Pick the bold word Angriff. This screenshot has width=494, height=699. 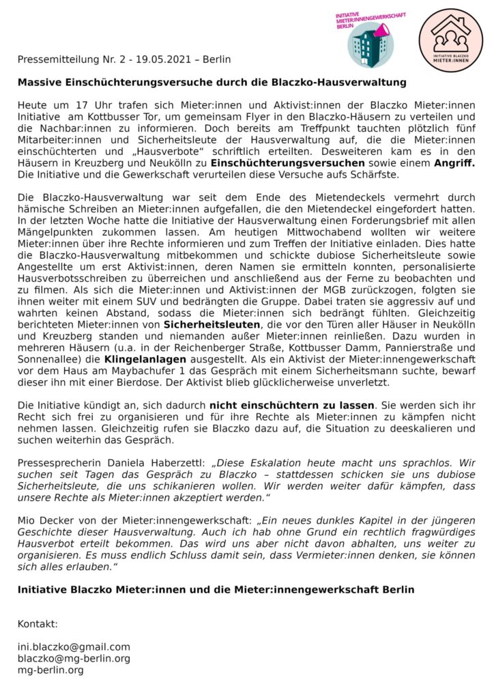pos(453,164)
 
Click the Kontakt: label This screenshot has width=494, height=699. pos(38,624)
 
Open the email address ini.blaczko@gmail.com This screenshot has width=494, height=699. pos(74,646)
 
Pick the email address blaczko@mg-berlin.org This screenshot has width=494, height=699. pos(74,658)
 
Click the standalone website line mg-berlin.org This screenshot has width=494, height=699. pos(50,670)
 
